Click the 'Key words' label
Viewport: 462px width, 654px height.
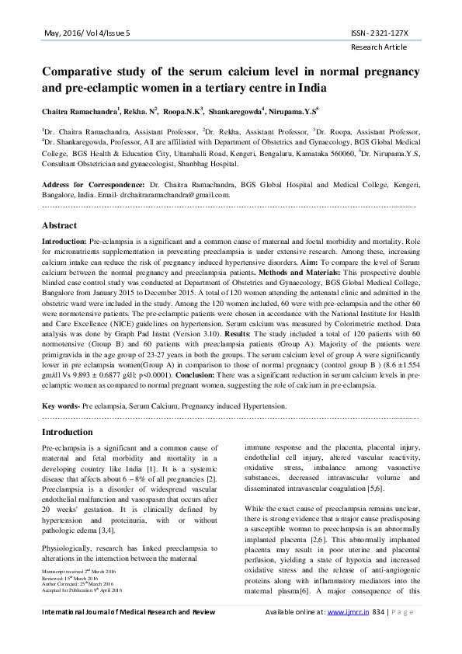pyautogui.click(x=59, y=405)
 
